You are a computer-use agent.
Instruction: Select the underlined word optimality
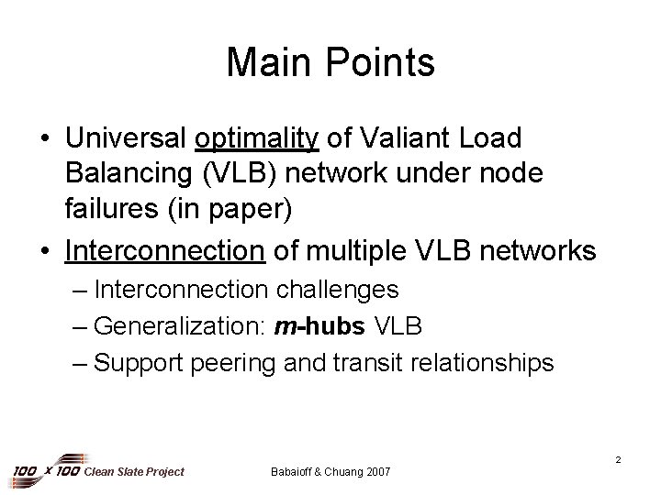coord(257,139)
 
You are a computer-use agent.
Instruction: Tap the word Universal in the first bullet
coord(126,139)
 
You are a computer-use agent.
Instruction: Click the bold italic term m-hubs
coord(309,326)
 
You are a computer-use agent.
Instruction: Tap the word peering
coord(233,363)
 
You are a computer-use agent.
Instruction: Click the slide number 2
coord(618,458)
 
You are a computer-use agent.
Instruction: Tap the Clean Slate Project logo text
coord(133,471)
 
